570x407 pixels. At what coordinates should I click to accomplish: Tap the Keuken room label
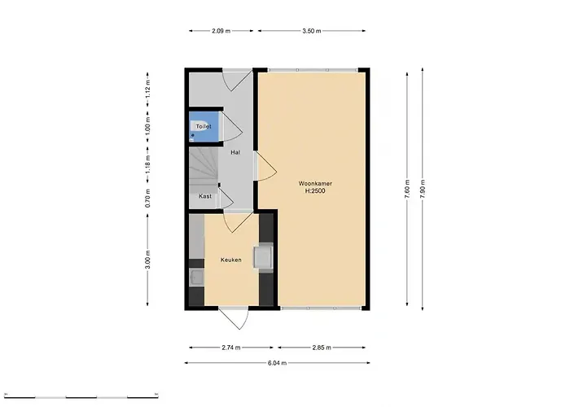click(x=231, y=260)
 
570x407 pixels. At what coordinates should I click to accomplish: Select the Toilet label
click(x=204, y=127)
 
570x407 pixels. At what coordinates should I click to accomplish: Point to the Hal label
click(x=235, y=152)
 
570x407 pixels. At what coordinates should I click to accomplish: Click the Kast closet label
click(x=205, y=196)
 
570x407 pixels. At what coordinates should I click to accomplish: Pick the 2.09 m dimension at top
click(x=221, y=31)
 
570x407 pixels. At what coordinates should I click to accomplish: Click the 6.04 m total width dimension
click(x=277, y=363)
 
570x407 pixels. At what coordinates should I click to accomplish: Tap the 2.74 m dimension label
click(x=231, y=348)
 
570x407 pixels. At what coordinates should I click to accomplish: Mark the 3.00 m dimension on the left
click(x=147, y=260)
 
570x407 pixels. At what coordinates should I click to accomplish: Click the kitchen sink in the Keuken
click(x=196, y=278)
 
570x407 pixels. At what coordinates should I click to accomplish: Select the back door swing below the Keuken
click(x=232, y=318)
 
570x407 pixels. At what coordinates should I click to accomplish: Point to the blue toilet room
click(x=204, y=129)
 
